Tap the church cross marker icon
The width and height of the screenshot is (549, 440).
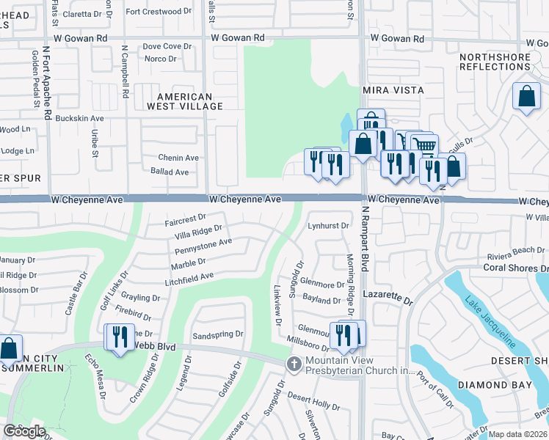[x=294, y=364]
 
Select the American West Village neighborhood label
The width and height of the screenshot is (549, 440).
[x=189, y=101]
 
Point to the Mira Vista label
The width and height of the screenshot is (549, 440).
[x=394, y=89]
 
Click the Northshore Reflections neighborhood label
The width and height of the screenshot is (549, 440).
[x=494, y=62]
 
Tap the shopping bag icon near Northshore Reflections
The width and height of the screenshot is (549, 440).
[x=526, y=97]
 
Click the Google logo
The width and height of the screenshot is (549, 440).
[x=24, y=431]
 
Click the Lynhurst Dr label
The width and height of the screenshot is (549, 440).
[x=328, y=225]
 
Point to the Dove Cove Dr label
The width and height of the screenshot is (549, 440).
[x=167, y=46]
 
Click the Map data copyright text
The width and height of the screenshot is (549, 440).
[x=518, y=434]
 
